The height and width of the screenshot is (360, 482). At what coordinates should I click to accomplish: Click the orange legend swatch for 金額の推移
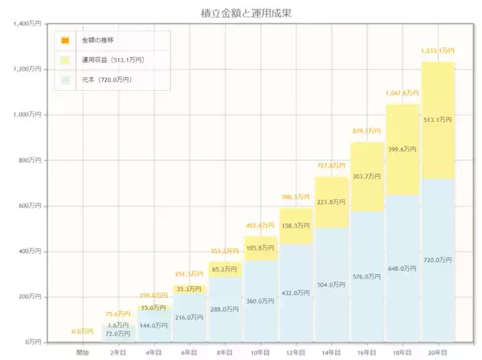click(65, 39)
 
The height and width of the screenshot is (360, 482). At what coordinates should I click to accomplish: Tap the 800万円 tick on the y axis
click(31, 161)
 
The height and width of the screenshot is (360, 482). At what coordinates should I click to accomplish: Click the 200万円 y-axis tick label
click(31, 297)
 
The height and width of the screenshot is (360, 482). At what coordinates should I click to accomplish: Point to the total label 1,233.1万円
click(438, 51)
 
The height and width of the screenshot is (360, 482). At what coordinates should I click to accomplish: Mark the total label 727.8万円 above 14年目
click(331, 166)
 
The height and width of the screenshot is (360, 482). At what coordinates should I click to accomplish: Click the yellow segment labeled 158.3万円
click(296, 226)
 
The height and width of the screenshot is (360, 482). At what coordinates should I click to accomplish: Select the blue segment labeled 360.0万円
click(260, 301)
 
